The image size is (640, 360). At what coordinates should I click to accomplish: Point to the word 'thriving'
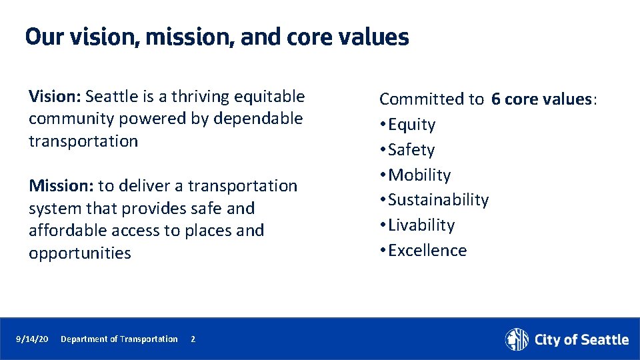click(201, 97)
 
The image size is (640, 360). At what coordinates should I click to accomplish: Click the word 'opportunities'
click(80, 253)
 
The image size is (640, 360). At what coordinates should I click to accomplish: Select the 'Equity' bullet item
click(411, 125)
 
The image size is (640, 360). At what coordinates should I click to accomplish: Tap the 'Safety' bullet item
click(411, 150)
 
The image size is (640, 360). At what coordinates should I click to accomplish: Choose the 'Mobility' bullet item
click(419, 175)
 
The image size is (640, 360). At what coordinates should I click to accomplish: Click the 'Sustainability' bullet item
click(438, 200)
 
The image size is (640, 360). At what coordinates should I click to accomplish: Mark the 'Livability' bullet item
click(421, 225)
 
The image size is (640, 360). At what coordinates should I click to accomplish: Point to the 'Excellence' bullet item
click(427, 251)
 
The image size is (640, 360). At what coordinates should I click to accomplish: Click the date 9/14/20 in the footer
click(32, 339)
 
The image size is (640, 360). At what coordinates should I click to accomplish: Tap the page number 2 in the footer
click(193, 339)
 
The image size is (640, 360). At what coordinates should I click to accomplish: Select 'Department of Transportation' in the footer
click(119, 339)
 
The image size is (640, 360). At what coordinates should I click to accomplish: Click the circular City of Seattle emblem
click(517, 339)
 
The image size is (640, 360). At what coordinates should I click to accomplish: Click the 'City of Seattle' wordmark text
click(581, 340)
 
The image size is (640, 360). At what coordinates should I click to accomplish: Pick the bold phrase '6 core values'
click(541, 99)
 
